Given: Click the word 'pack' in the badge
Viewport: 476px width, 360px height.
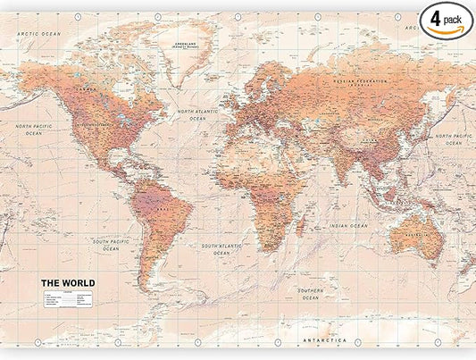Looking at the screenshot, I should [x=454, y=15].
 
